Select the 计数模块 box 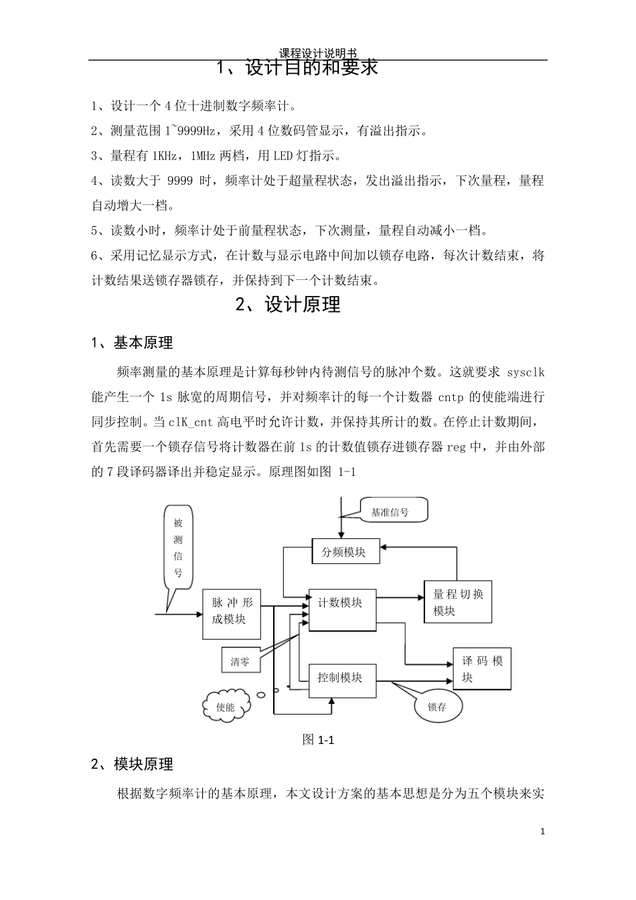[342, 609]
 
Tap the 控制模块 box [342, 681]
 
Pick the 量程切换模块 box [458, 601]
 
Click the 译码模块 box [482, 668]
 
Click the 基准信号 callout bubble [392, 512]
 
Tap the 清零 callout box [240, 662]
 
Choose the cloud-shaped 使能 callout [226, 706]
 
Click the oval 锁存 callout [438, 706]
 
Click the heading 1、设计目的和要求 [299, 68]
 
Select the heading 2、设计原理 [289, 305]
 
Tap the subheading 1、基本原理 [132, 343]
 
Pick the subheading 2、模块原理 [132, 764]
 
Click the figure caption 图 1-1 [318, 739]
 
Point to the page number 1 [542, 832]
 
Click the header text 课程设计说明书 [317, 53]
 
